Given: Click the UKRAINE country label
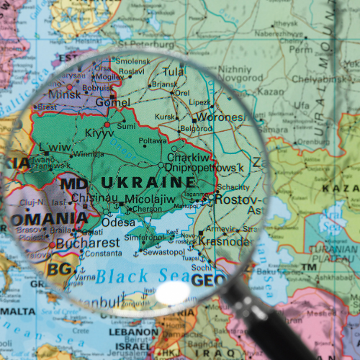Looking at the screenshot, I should click(x=148, y=181).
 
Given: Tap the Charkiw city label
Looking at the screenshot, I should click(x=189, y=157).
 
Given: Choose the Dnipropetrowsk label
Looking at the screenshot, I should click(x=204, y=168).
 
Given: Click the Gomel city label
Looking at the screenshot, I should click(x=113, y=103).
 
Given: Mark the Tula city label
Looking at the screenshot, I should click(x=173, y=72).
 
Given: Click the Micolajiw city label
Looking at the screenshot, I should click(x=150, y=199).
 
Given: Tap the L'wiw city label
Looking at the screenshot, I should click(x=55, y=147).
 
